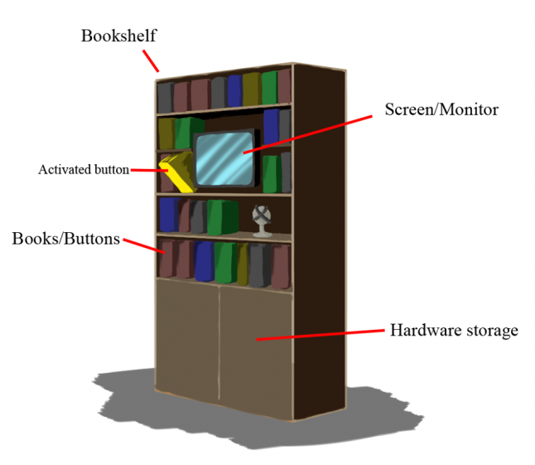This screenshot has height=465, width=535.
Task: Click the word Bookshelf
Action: click(x=118, y=36)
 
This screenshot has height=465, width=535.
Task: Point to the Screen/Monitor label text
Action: click(x=441, y=109)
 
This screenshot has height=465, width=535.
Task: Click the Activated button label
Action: click(x=83, y=170)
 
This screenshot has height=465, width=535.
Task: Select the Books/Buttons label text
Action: click(x=66, y=239)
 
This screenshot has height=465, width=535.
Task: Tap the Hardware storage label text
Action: click(x=454, y=331)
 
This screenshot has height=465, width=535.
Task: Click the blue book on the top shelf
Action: click(x=234, y=90)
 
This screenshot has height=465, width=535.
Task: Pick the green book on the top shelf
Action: click(x=269, y=88)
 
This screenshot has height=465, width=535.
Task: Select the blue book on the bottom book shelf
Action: click(x=204, y=261)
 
